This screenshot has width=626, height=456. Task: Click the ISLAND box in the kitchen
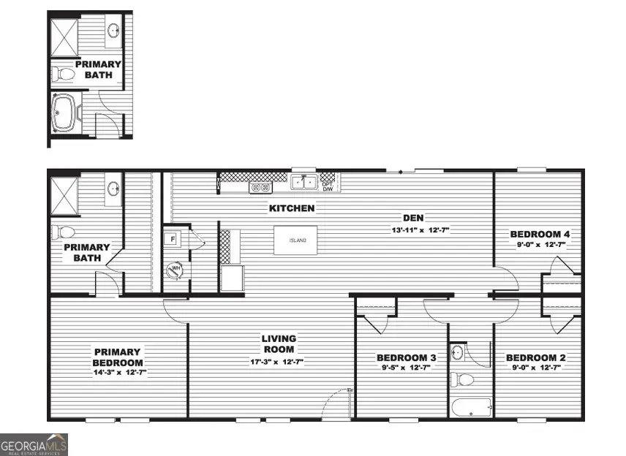(x=295, y=240)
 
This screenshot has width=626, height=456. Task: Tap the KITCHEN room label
(x=292, y=208)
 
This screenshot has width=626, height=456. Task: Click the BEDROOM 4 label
(x=539, y=235)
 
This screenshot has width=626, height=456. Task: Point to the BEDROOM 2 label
(x=536, y=358)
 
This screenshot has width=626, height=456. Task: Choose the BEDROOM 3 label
(x=406, y=358)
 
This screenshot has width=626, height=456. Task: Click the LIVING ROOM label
(x=279, y=343)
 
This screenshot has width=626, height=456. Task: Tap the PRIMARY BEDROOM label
(x=117, y=357)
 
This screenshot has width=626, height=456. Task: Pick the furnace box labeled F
(x=174, y=239)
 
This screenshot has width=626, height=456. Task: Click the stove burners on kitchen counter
(x=260, y=187)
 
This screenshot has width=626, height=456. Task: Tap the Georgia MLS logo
(x=34, y=444)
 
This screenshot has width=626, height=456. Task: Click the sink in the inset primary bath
(x=114, y=31)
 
